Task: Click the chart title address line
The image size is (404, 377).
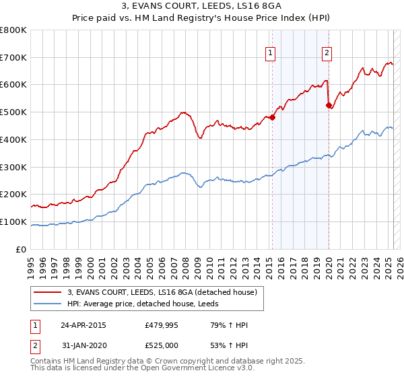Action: click(x=201, y=7)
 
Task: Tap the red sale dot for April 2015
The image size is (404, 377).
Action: click(x=273, y=118)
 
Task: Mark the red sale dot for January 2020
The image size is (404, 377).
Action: click(x=329, y=105)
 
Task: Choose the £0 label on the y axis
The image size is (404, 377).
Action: click(x=22, y=250)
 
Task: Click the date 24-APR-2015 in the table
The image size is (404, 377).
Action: click(x=83, y=325)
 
